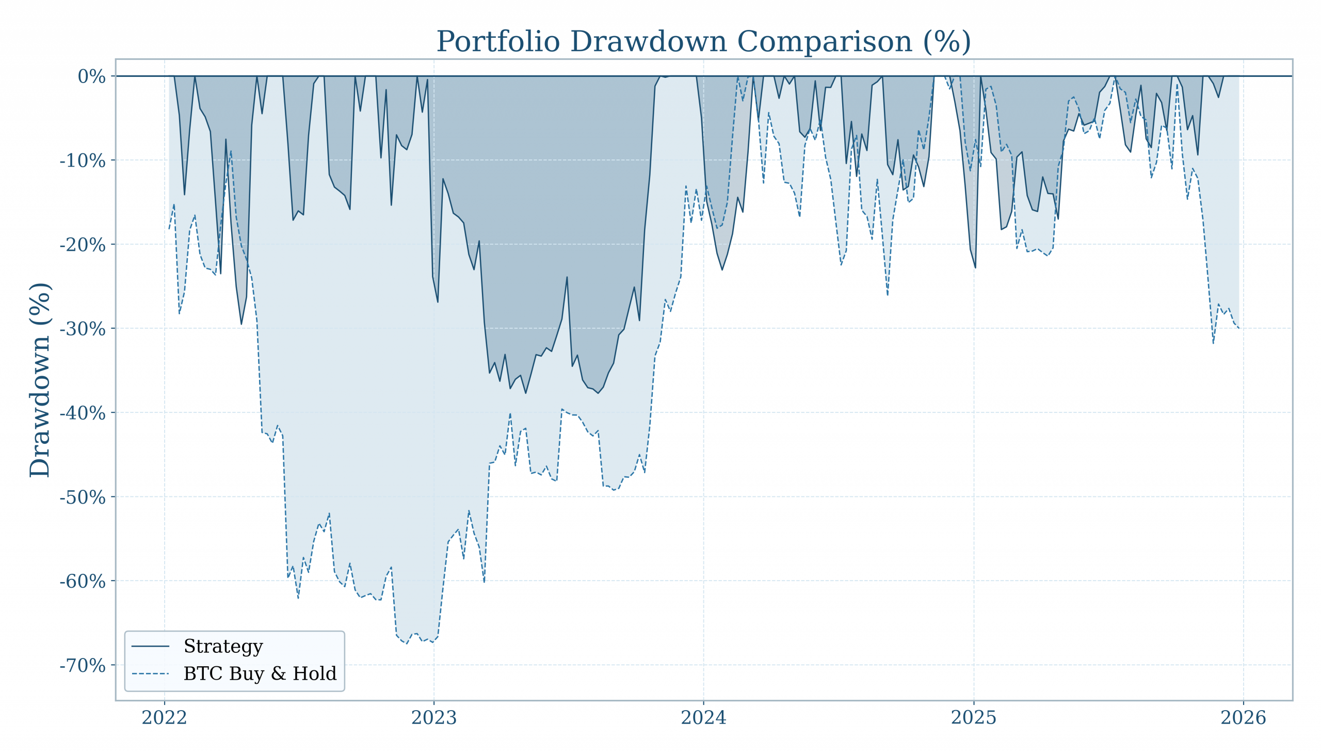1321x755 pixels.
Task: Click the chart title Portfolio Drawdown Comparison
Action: coord(703,41)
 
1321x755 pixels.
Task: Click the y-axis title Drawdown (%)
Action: coord(40,380)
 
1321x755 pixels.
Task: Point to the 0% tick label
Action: coord(91,77)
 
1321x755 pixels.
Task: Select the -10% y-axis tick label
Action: coord(83,160)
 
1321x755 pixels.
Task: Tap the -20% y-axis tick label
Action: coord(83,245)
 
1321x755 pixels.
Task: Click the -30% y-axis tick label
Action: coord(83,329)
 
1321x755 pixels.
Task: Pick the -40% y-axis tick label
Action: coord(83,413)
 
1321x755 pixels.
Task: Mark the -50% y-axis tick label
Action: coord(83,497)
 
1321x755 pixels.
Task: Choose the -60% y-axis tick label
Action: coord(83,581)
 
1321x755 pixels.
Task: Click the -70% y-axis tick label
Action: coord(83,665)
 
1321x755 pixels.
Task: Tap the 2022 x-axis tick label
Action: coord(164,718)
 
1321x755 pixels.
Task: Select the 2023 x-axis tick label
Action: coord(434,718)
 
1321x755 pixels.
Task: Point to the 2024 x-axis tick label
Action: coord(703,718)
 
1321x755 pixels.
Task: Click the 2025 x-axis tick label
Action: coord(974,718)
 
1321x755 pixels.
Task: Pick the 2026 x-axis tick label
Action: coord(1243,718)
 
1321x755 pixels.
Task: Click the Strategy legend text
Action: coord(223,647)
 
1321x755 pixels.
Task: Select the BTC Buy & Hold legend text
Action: coord(260,673)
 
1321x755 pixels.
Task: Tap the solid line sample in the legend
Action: coord(150,647)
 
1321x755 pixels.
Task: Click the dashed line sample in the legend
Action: coord(150,673)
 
